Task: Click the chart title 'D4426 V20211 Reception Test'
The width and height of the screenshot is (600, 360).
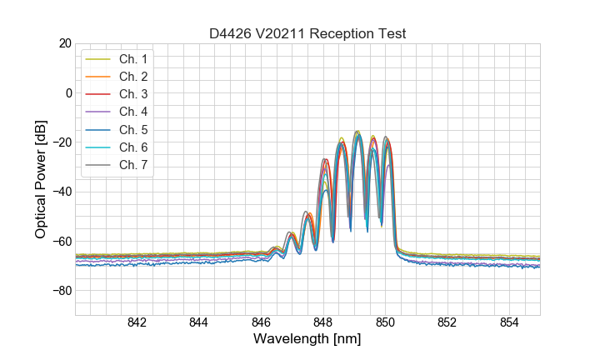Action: pyautogui.click(x=307, y=33)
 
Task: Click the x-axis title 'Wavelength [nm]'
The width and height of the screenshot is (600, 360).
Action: pyautogui.click(x=307, y=339)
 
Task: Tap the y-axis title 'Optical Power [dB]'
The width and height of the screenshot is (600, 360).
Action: pyautogui.click(x=41, y=179)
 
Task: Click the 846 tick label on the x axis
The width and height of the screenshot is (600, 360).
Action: pyautogui.click(x=261, y=323)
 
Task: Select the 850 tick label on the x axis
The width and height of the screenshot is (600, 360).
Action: pyautogui.click(x=385, y=323)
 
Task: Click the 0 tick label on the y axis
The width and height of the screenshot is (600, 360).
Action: pyautogui.click(x=68, y=92)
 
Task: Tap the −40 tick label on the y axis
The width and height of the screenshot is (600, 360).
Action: pyautogui.click(x=62, y=192)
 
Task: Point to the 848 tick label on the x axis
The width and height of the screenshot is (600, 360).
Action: pyautogui.click(x=323, y=323)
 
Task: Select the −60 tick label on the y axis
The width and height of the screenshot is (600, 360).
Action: pyautogui.click(x=62, y=241)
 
